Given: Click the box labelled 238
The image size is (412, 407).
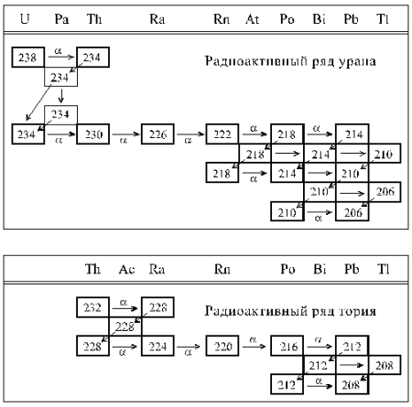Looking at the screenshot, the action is pos(28,57).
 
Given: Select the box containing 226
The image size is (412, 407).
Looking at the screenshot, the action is pos(157,134).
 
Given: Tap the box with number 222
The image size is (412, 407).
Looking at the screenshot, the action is pos(222,134).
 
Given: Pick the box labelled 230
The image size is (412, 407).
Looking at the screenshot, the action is pos(93,134).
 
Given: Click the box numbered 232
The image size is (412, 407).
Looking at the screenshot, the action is pos(93,307).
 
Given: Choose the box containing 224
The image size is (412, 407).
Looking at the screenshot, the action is pos(157,346).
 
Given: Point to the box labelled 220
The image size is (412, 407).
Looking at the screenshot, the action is pos(222,346).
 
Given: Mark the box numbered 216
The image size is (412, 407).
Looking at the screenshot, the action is pos(287,346).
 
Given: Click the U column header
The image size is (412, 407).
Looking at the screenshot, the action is pos(25,19).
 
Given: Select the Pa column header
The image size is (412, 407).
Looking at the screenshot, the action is pos(61,19).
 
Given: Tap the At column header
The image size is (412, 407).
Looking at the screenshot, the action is pos(253,19).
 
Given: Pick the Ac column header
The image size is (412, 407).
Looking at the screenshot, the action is pos(126,269).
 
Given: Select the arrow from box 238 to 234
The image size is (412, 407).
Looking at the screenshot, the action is pos(61,57).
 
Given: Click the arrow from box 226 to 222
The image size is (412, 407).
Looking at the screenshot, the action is pos(190,134).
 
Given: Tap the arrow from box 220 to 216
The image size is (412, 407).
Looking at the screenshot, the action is pos(254,346).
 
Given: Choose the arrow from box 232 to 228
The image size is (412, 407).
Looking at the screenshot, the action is pos(125,308).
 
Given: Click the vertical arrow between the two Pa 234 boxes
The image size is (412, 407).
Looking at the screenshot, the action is pos(61,96).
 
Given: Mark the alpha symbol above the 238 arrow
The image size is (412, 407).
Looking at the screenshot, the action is pos(59,50).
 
